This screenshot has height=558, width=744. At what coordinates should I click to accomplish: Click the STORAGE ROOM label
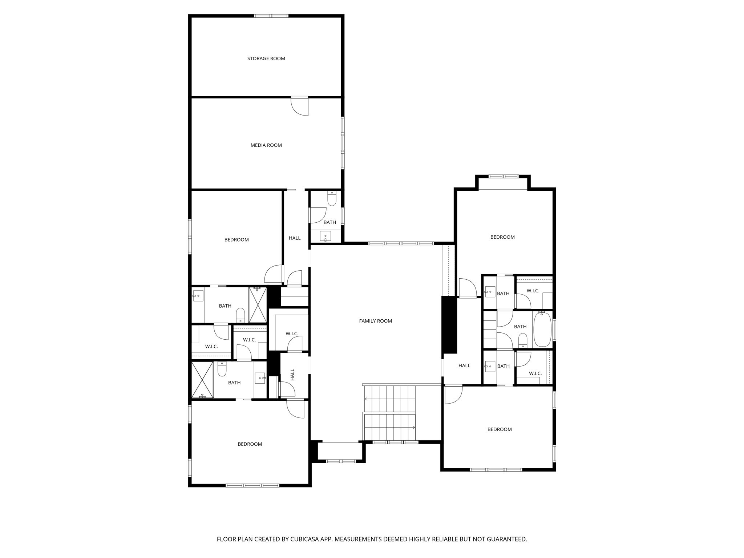pos(266,58)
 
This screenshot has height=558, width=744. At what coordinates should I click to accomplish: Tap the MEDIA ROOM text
pos(266,145)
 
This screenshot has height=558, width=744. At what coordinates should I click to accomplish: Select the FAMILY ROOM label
pos(375,321)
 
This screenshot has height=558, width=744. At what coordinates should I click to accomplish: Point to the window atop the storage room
pos(271,16)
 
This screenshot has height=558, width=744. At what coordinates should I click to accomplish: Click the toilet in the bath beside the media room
pos(332,199)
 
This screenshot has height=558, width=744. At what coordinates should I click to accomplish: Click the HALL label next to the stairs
pos(464,366)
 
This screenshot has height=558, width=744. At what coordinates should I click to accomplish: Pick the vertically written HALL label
pos(292,375)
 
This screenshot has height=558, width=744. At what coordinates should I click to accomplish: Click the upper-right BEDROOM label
pos(502,237)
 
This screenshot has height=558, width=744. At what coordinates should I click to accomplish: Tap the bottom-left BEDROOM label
pos(250,444)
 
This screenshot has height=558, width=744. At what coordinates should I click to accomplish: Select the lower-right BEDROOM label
pos(499,429)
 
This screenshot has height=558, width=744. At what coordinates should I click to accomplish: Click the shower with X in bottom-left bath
pos(202,380)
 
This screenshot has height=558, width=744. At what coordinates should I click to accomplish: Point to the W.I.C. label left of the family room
pos(292,333)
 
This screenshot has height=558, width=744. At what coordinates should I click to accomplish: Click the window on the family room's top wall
pos(401,243)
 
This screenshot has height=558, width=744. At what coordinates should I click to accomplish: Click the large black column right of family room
pos(449,324)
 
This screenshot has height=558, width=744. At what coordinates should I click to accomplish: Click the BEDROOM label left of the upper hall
pos(236,240)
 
